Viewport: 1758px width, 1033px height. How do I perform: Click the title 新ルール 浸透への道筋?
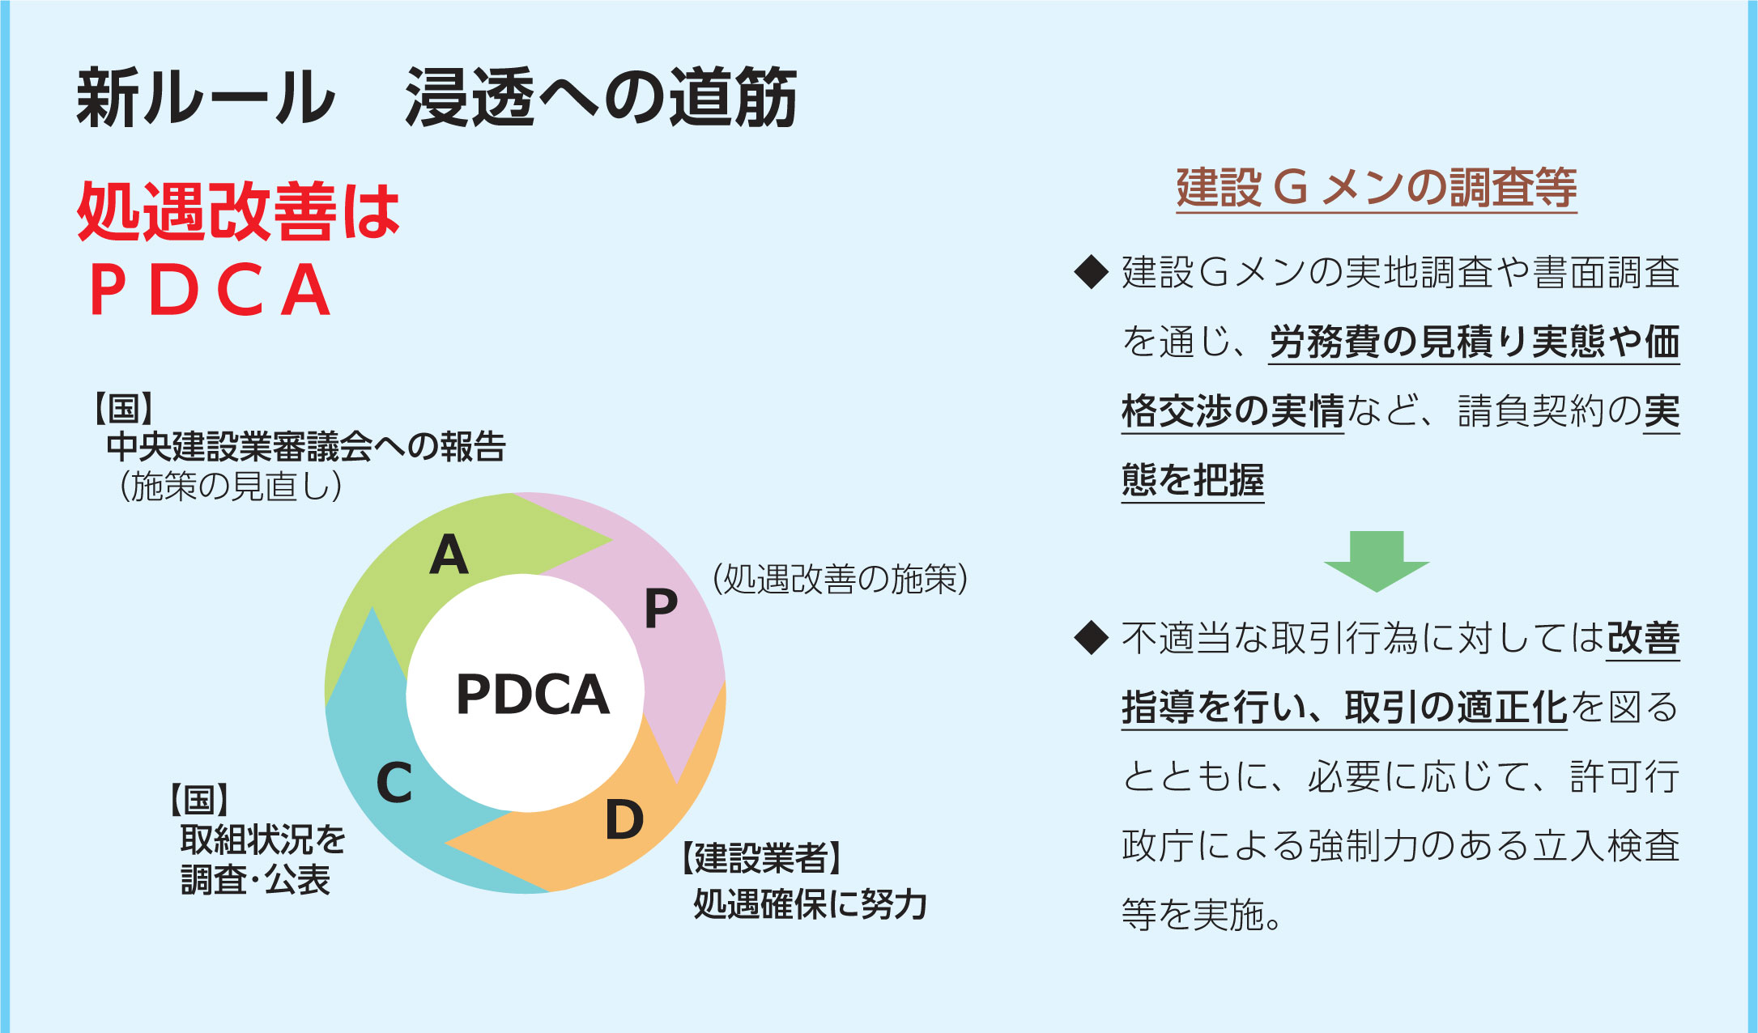pyautogui.click(x=437, y=98)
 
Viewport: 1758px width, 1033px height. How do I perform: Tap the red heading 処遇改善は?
pyautogui.click(x=239, y=210)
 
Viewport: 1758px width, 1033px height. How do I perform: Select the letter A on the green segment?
pyautogui.click(x=449, y=555)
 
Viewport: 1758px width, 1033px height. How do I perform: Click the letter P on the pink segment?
pyautogui.click(x=661, y=608)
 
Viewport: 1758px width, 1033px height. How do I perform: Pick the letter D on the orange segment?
pyautogui.click(x=624, y=819)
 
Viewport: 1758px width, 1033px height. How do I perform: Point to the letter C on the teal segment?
pyautogui.click(x=394, y=783)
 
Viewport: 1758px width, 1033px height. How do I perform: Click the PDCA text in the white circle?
pyautogui.click(x=533, y=695)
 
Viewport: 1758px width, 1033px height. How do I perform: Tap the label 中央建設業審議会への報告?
pyautogui.click(x=306, y=446)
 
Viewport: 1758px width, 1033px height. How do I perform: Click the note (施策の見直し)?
pyautogui.click(x=231, y=487)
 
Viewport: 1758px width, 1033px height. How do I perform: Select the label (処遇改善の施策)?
pyautogui.click(x=841, y=579)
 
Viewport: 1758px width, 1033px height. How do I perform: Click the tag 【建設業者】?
pyautogui.click(x=761, y=858)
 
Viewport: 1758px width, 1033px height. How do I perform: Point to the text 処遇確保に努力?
pyautogui.click(x=810, y=904)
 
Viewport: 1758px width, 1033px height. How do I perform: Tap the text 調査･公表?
pyautogui.click(x=256, y=880)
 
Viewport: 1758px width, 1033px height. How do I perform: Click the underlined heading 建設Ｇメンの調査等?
pyautogui.click(x=1377, y=189)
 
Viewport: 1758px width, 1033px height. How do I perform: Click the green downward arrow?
pyautogui.click(x=1377, y=561)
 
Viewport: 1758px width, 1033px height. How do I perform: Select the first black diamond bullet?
pyautogui.click(x=1091, y=272)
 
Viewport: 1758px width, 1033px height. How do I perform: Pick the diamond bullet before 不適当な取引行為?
pyautogui.click(x=1091, y=638)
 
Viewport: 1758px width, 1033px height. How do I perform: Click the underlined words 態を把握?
pyautogui.click(x=1193, y=481)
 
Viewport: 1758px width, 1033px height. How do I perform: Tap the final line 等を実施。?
pyautogui.click(x=1202, y=915)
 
